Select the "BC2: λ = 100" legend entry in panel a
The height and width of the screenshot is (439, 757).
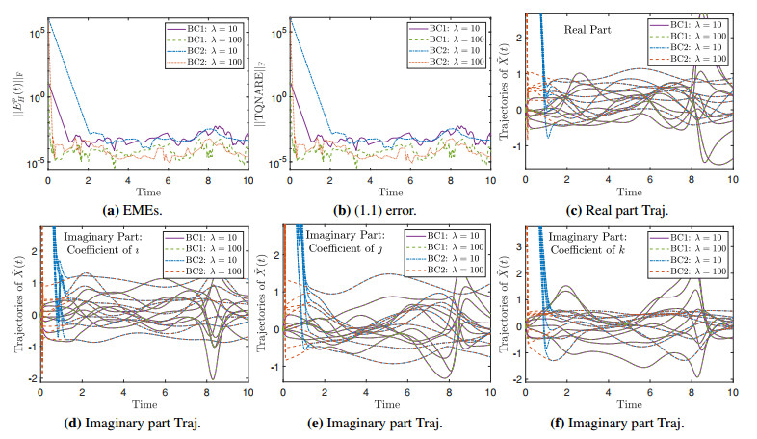pyautogui.click(x=207, y=65)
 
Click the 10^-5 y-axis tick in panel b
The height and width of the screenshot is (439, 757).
pyautogui.click(x=284, y=162)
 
